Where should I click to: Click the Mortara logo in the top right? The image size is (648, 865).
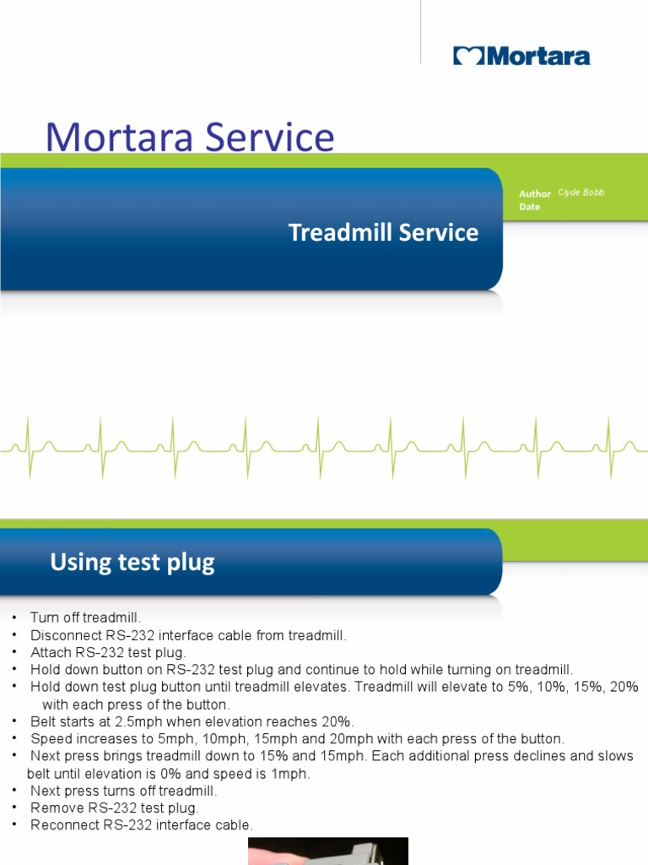click(x=521, y=57)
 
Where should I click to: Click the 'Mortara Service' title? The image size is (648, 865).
click(x=190, y=138)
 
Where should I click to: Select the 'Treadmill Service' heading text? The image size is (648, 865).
click(x=383, y=232)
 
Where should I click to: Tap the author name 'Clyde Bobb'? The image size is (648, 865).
click(x=581, y=193)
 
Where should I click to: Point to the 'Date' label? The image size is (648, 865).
click(x=530, y=207)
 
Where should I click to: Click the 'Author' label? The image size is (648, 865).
click(x=535, y=193)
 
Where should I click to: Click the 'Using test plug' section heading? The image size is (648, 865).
click(x=132, y=562)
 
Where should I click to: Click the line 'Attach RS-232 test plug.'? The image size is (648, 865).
click(x=107, y=652)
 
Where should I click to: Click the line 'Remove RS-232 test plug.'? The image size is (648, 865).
click(x=115, y=808)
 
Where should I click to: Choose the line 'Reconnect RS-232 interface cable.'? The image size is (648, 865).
click(x=142, y=825)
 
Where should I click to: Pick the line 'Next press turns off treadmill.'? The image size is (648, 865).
click(x=124, y=791)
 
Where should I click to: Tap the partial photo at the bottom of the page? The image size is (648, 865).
click(x=327, y=851)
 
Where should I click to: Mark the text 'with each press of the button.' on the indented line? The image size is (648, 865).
click(x=136, y=705)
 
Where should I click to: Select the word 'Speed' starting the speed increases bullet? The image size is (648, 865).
click(x=50, y=738)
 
